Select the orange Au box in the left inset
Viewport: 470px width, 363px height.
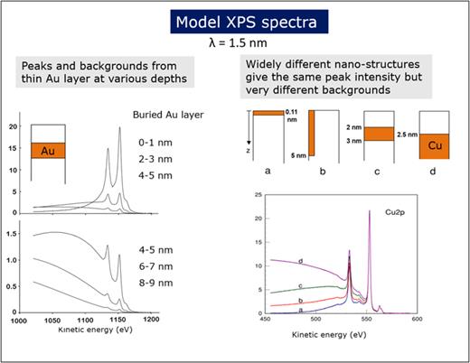click(46, 151)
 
